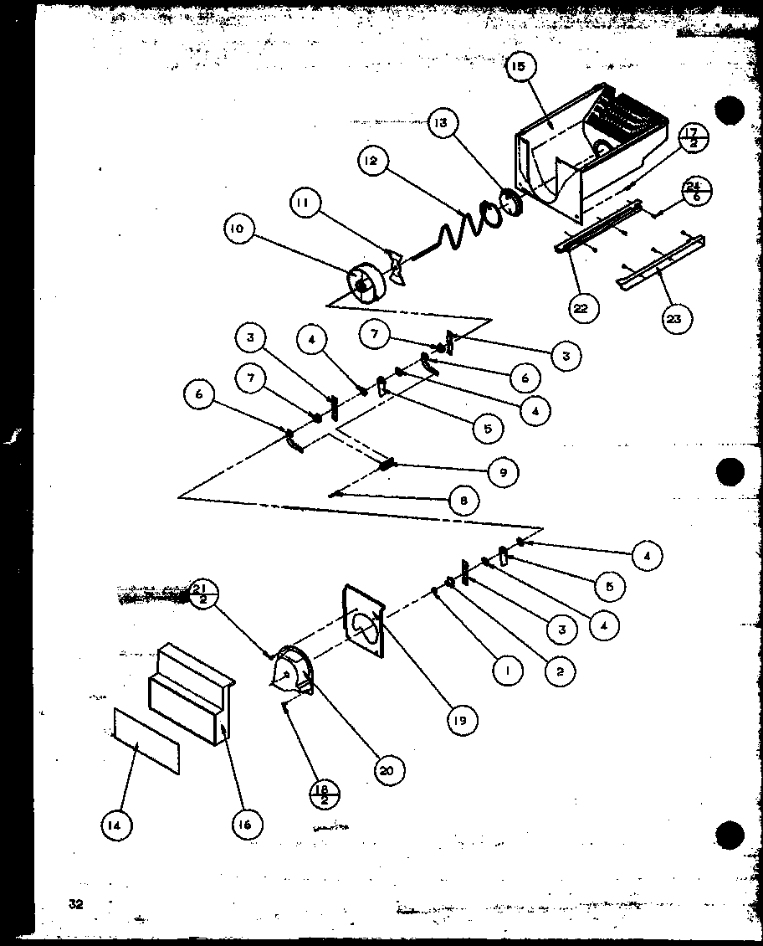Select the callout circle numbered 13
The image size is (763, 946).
pyautogui.click(x=441, y=124)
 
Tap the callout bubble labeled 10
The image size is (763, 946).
pyautogui.click(x=239, y=229)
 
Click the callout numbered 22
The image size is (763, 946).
pyautogui.click(x=581, y=307)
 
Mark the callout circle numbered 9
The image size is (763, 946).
pyautogui.click(x=503, y=472)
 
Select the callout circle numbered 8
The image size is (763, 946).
pyautogui.click(x=463, y=501)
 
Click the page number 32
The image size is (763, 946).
pyautogui.click(x=76, y=902)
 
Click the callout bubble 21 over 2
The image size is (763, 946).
pyautogui.click(x=202, y=593)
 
